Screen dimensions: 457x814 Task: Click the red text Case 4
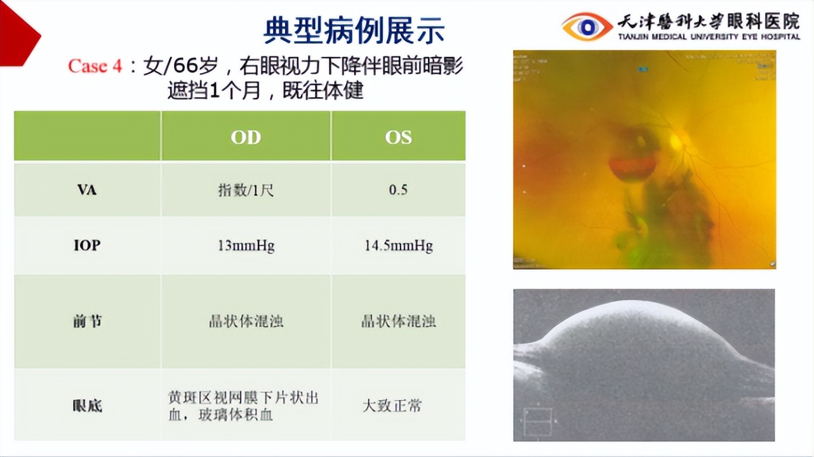[95, 66]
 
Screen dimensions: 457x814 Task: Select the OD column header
[246, 137]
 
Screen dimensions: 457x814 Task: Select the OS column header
[398, 137]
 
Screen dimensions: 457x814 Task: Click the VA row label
[87, 189]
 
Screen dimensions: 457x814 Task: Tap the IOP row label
[87, 245]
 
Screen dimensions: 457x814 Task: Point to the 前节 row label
[87, 321]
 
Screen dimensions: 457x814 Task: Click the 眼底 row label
[87, 405]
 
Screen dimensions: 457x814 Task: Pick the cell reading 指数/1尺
[246, 190]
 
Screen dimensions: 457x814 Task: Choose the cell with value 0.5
[398, 190]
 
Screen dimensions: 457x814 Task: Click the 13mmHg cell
[246, 246]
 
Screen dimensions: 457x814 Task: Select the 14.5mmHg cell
[398, 246]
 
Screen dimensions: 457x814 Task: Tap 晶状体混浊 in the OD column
[246, 321]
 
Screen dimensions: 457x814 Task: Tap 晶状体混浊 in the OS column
[398, 321]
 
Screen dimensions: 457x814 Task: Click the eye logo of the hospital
[587, 27]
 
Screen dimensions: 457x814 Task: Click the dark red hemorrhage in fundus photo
[632, 168]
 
